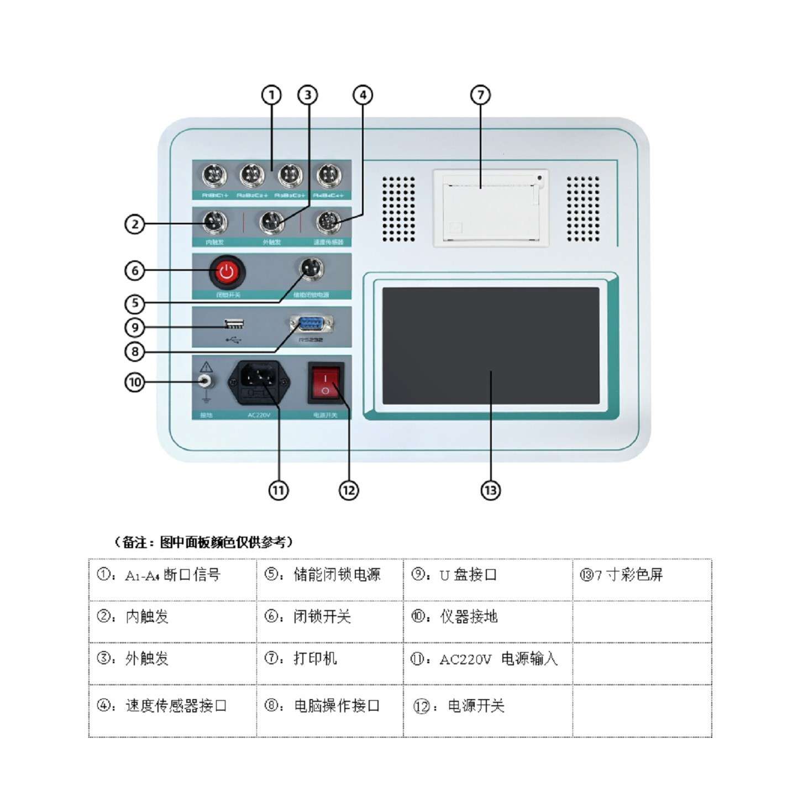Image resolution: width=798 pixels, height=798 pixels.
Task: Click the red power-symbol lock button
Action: [x=227, y=271]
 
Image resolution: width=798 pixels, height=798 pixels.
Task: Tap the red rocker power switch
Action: [x=326, y=382]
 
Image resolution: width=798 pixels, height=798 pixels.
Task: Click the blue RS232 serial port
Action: [x=312, y=324]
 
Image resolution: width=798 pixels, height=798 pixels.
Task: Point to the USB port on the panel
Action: [x=234, y=324]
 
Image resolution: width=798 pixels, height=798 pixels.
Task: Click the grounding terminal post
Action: [x=206, y=381]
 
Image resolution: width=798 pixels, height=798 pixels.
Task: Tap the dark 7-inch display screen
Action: [x=491, y=345]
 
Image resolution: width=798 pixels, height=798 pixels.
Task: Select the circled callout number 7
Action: [x=480, y=95]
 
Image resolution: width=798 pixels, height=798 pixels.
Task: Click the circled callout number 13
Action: [x=491, y=490]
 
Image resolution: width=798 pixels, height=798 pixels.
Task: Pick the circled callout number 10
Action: [x=135, y=382]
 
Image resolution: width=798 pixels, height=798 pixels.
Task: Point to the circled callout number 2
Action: [x=135, y=224]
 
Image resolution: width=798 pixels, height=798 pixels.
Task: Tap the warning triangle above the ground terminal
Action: [x=206, y=367]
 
